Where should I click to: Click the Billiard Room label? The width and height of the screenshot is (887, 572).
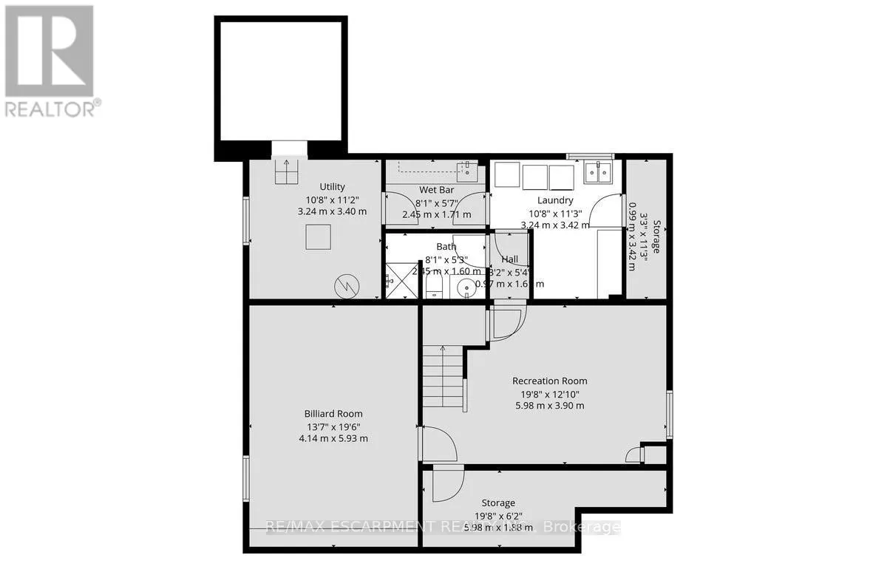point(333,414)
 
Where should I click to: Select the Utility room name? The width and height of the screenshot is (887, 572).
point(332,187)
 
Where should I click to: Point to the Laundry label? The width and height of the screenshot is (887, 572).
point(555,200)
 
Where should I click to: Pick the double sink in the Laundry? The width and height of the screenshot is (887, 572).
point(597,173)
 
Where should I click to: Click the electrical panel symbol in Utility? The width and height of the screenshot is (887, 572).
point(346,283)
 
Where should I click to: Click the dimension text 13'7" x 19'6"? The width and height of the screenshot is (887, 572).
point(333,426)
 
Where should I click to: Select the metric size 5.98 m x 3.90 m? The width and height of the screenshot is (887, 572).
point(549,405)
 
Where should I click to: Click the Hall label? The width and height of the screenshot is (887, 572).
point(509,259)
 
